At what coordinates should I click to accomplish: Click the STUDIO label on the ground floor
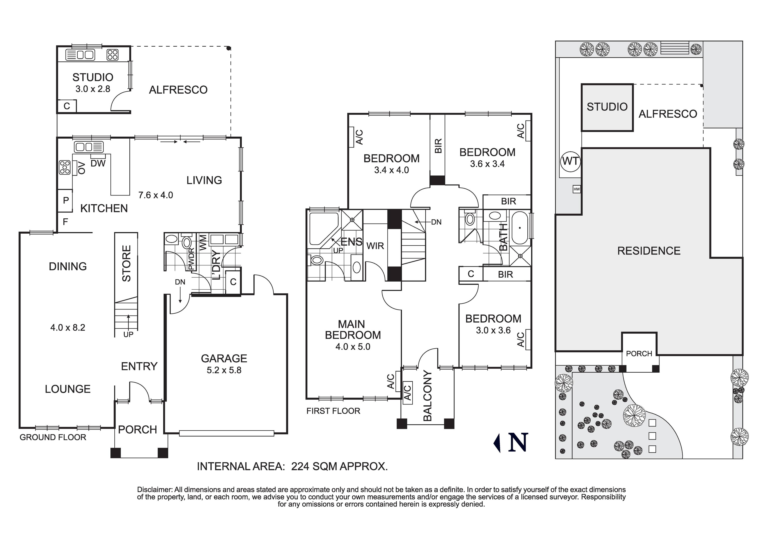(x=93, y=77)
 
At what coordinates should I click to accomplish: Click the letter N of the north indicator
(x=518, y=442)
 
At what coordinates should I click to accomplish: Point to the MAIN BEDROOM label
(x=353, y=329)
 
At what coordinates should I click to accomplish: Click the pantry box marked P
(x=66, y=200)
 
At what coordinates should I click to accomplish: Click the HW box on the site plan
(x=577, y=189)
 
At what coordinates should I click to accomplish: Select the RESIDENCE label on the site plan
(x=649, y=251)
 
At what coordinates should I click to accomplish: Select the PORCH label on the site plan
(x=639, y=353)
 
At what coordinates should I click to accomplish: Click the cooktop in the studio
(x=112, y=55)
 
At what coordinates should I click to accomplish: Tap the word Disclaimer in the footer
(x=155, y=490)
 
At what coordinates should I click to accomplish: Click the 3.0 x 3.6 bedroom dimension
(x=493, y=330)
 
